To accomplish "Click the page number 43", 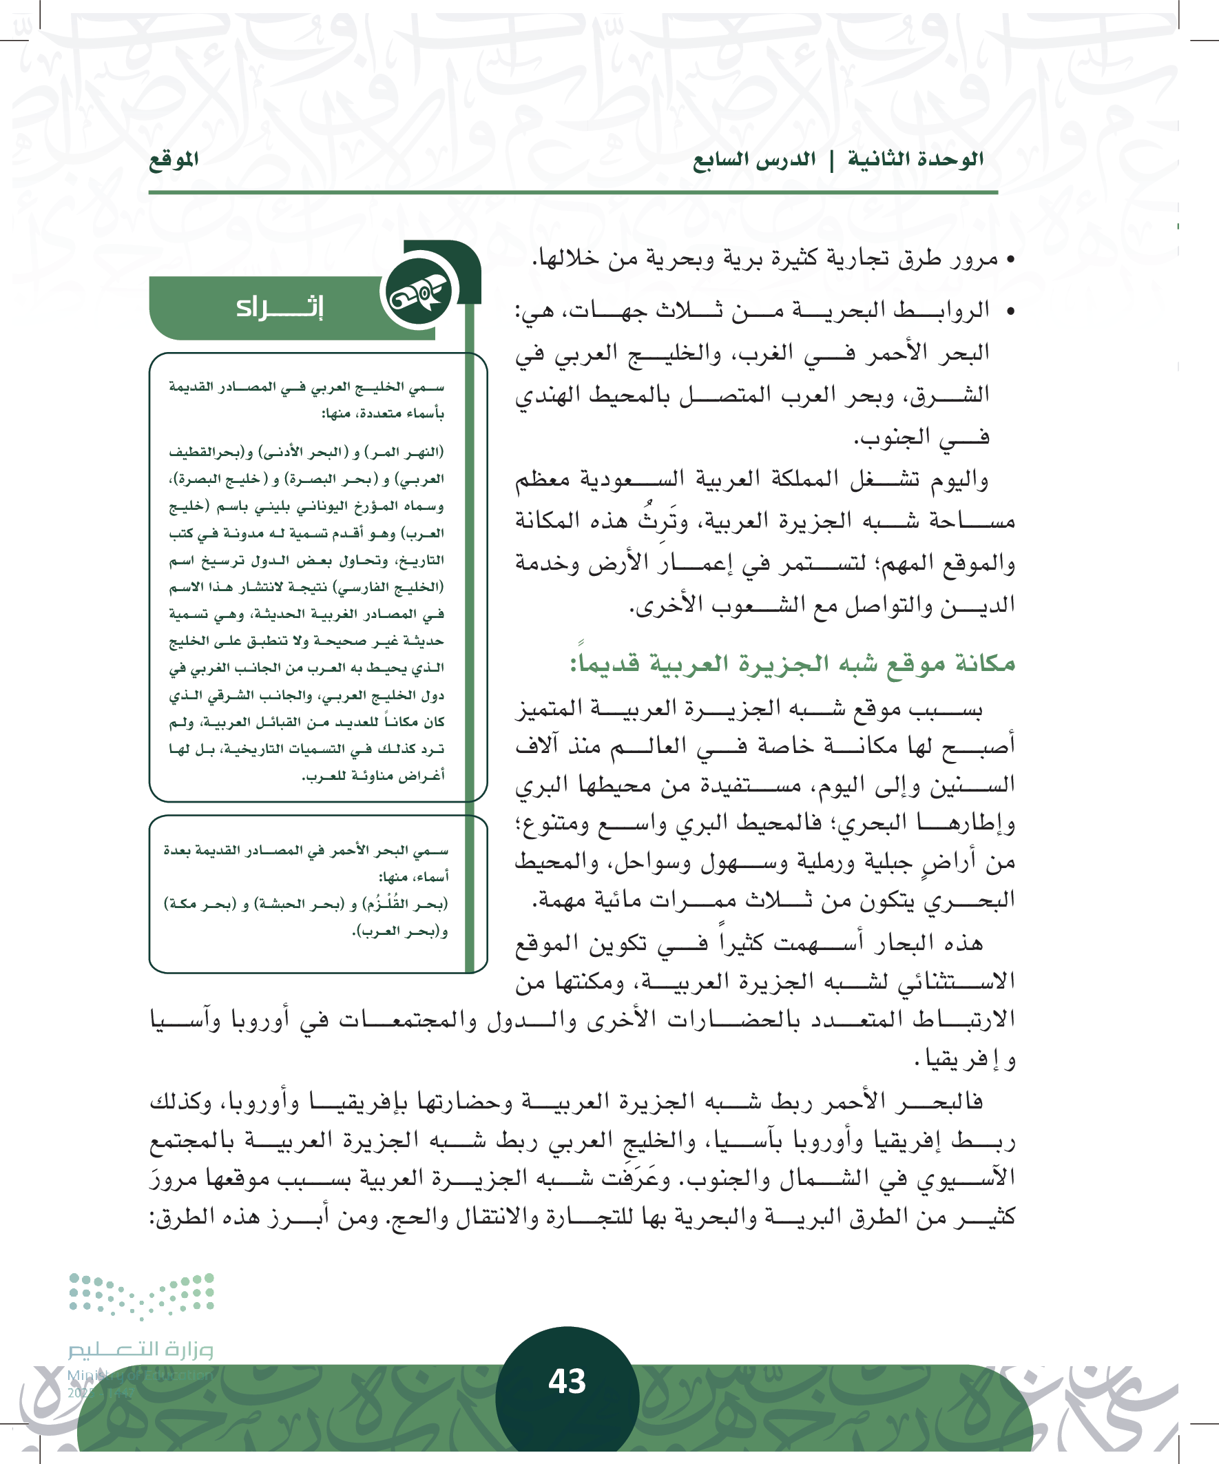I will coord(567,1381).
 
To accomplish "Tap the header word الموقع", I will coord(174,160).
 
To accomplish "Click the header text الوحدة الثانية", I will coord(915,160).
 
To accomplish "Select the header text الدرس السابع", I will coord(754,160).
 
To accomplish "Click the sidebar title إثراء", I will coord(280,307).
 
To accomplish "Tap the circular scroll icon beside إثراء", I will coord(419,291).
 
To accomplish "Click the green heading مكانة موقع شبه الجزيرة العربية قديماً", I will coord(793,662).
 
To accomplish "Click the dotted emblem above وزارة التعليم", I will coord(141,1295).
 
